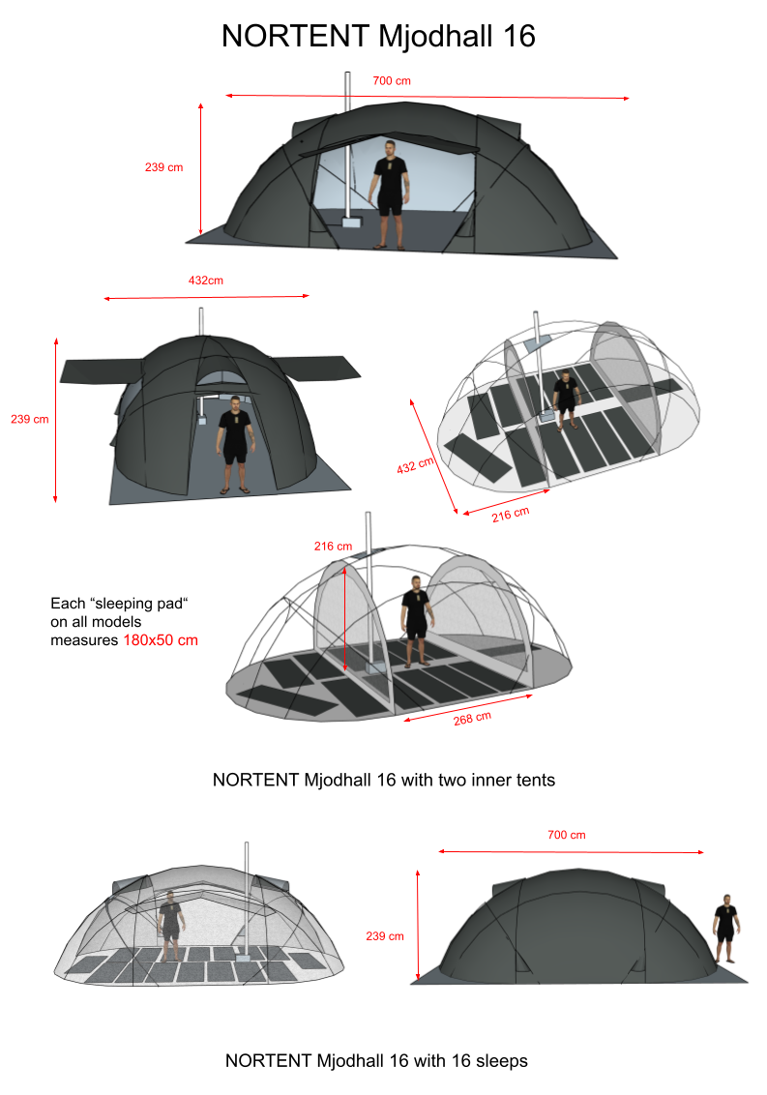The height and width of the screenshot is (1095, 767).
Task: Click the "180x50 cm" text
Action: pyautogui.click(x=161, y=639)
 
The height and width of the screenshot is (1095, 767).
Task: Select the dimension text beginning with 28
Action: pyautogui.click(x=472, y=719)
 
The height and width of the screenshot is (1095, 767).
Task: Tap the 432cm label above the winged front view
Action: pyautogui.click(x=205, y=281)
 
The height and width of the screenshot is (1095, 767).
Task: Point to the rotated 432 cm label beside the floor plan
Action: pyautogui.click(x=416, y=465)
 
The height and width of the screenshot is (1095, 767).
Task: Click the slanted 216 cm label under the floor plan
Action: pyautogui.click(x=511, y=513)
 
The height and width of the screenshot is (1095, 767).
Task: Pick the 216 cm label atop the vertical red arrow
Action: pyautogui.click(x=333, y=546)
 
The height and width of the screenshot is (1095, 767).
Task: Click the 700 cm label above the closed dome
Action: pyautogui.click(x=566, y=835)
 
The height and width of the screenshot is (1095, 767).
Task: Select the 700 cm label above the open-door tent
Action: pyautogui.click(x=392, y=81)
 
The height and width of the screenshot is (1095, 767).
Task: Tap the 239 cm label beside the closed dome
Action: pyautogui.click(x=385, y=935)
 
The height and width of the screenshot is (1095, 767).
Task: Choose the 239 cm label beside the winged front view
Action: pyautogui.click(x=28, y=419)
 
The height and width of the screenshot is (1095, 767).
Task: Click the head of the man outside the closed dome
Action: pyautogui.click(x=726, y=901)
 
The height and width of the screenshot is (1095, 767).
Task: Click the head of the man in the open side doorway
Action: pyautogui.click(x=389, y=147)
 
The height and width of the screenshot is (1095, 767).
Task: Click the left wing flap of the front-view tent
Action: pyautogui.click(x=102, y=370)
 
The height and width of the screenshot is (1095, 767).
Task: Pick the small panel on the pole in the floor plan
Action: pyautogui.click(x=536, y=341)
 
